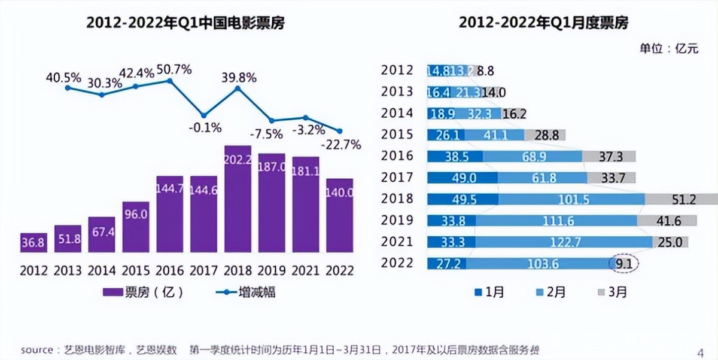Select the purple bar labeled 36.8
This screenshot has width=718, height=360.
coord(34,244)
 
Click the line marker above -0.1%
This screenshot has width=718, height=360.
coord(203,115)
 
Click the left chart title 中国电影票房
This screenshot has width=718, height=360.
coord(185,23)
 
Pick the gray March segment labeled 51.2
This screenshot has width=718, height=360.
coord(682,199)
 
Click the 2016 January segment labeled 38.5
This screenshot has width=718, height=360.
coord(455,156)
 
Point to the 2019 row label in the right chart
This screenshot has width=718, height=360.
coord(397,220)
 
